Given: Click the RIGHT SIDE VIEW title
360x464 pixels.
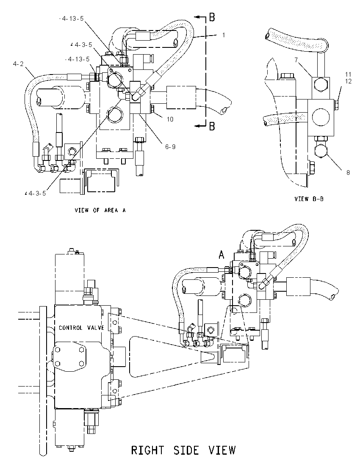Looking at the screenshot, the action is pos(183,450).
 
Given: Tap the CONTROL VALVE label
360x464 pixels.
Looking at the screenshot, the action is pos(81,328).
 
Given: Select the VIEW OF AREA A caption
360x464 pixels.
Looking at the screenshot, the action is pos(100,210).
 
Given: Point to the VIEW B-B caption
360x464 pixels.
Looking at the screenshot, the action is pos(309,199).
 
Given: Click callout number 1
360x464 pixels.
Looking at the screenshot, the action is pos(224,35).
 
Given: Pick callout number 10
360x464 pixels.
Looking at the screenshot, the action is pos(170,119).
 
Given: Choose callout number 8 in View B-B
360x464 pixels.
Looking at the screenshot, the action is pos(348,172).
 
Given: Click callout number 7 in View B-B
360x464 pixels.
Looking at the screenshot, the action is pos(296,61).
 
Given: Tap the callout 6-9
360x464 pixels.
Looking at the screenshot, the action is pos(170,146).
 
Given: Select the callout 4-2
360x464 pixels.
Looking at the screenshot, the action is pos(18,64).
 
